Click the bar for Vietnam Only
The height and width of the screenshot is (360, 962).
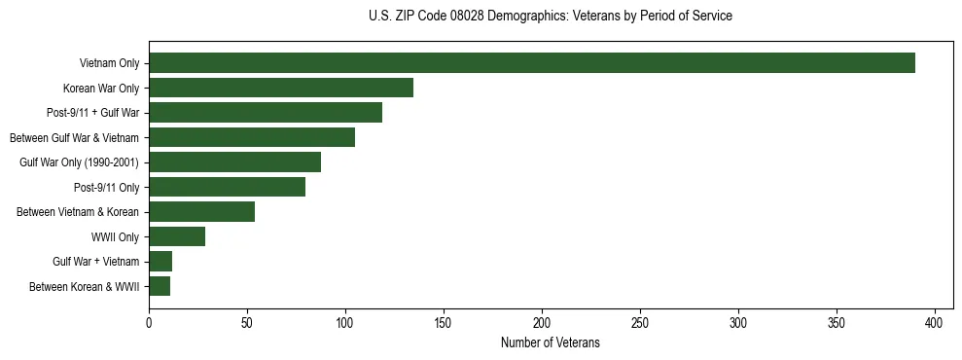[532, 63]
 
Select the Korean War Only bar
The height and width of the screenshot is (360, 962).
[281, 88]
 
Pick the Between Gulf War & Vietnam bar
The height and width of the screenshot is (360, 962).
[252, 137]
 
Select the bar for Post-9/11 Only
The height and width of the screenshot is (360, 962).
[227, 187]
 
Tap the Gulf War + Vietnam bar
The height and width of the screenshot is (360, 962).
[160, 262]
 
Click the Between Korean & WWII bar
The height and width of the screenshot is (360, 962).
[160, 286]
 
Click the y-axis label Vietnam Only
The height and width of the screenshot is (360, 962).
[109, 64]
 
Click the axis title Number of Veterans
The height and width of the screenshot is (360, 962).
[550, 343]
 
